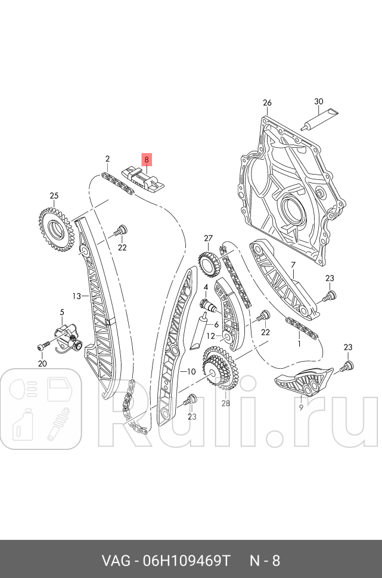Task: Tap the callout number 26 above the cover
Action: pyautogui.click(x=267, y=102)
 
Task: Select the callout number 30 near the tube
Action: pyautogui.click(x=318, y=102)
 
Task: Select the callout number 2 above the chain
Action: pyautogui.click(x=107, y=159)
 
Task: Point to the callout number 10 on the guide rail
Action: pyautogui.click(x=191, y=372)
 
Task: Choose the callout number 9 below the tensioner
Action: pyautogui.click(x=301, y=408)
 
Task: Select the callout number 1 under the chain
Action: pyautogui.click(x=299, y=344)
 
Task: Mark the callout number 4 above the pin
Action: pyautogui.click(x=205, y=287)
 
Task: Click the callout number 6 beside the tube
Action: pyautogui.click(x=216, y=324)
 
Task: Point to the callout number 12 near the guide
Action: pyautogui.click(x=210, y=336)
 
